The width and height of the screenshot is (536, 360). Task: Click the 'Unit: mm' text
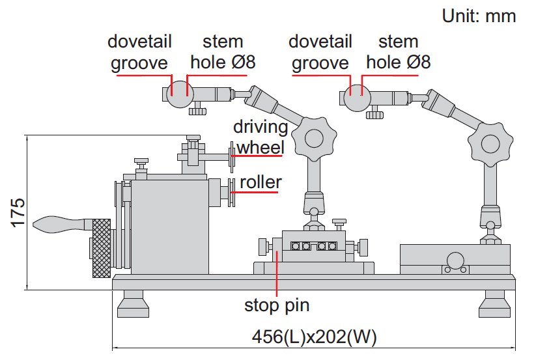[479, 16]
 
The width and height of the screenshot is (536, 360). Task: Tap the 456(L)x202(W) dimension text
[314, 337]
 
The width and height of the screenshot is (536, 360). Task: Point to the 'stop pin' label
[276, 305]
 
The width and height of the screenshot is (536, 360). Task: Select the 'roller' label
[261, 182]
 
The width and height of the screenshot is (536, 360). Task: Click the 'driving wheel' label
[261, 137]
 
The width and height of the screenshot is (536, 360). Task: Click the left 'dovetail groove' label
[139, 52]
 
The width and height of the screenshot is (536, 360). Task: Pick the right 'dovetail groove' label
[320, 52]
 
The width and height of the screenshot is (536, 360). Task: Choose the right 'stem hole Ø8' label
[398, 52]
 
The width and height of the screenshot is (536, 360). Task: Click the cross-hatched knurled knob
[101, 248]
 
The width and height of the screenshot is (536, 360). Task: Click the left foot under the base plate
[134, 304]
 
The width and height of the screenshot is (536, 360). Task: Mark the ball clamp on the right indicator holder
[358, 98]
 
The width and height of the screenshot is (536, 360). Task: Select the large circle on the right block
[455, 258]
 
